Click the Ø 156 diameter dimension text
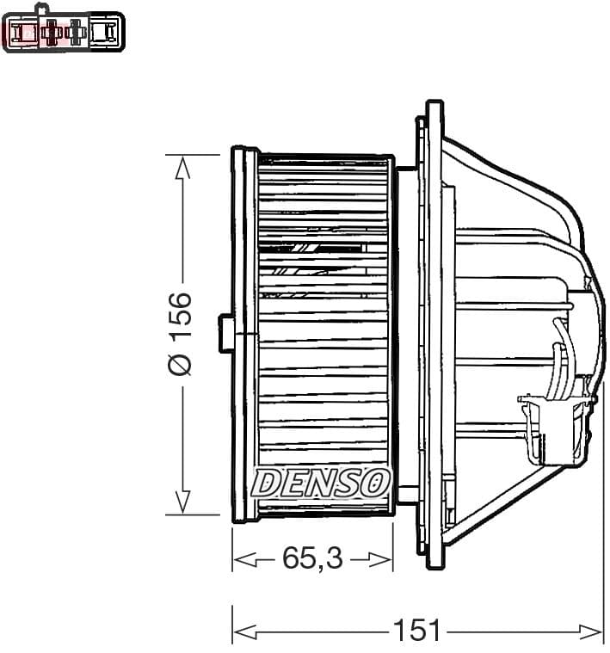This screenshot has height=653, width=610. (x=181, y=334)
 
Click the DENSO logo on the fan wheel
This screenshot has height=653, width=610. (x=321, y=483)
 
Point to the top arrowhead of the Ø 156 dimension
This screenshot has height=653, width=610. (x=182, y=167)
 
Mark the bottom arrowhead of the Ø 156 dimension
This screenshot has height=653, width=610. (x=182, y=502)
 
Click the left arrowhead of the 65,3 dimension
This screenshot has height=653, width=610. (x=243, y=559)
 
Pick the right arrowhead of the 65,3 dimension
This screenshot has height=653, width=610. (x=383, y=559)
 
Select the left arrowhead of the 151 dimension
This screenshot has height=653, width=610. (x=243, y=631)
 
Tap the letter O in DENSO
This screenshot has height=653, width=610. (x=377, y=483)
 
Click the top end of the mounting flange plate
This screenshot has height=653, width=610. (x=434, y=108)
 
